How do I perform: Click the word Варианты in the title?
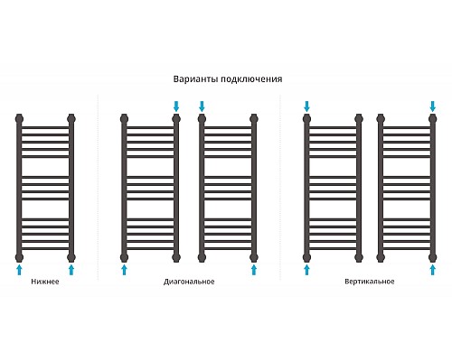click(x=196, y=79)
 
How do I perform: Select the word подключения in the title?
click(x=251, y=79)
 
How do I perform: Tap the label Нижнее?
click(x=45, y=282)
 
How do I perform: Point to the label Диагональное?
click(x=189, y=282)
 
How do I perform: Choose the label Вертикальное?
click(x=370, y=282)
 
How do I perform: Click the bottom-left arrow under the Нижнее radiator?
click(x=19, y=270)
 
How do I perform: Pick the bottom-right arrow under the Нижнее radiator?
click(x=71, y=270)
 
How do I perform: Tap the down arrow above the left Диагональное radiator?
click(x=176, y=106)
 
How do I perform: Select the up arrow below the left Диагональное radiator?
click(x=124, y=270)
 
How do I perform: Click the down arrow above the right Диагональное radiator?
click(x=202, y=106)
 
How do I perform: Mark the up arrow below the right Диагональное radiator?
click(x=254, y=270)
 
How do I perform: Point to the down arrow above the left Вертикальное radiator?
click(x=306, y=106)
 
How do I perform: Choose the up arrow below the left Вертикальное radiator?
click(x=306, y=270)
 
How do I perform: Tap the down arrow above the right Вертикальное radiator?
click(x=433, y=106)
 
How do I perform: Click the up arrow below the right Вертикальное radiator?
click(x=433, y=270)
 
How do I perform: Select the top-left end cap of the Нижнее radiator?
click(x=19, y=118)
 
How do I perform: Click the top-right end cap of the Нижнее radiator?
click(x=71, y=118)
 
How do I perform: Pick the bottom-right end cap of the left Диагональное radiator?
click(x=176, y=257)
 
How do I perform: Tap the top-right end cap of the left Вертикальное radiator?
click(x=359, y=118)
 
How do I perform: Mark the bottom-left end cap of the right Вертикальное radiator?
click(x=381, y=257)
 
